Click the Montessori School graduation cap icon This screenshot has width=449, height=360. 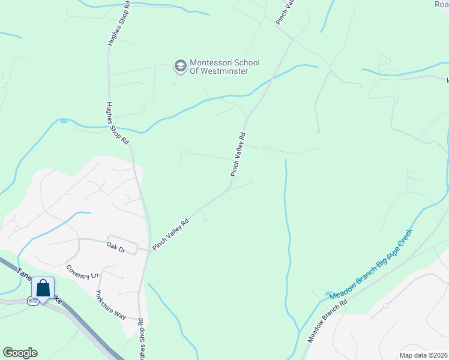tap(180, 66)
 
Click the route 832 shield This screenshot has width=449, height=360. tap(32, 301)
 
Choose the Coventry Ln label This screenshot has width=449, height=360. tap(82, 272)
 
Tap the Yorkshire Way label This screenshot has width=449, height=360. tap(111, 305)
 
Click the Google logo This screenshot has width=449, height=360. tap(20, 353)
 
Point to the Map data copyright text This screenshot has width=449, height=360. tap(423, 355)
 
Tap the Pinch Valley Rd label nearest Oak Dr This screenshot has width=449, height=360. tap(171, 235)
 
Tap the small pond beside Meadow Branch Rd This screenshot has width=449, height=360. tap(328, 295)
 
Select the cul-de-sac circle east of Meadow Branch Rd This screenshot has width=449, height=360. tap(386, 306)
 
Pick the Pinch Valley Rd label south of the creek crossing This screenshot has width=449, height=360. tap(238, 154)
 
